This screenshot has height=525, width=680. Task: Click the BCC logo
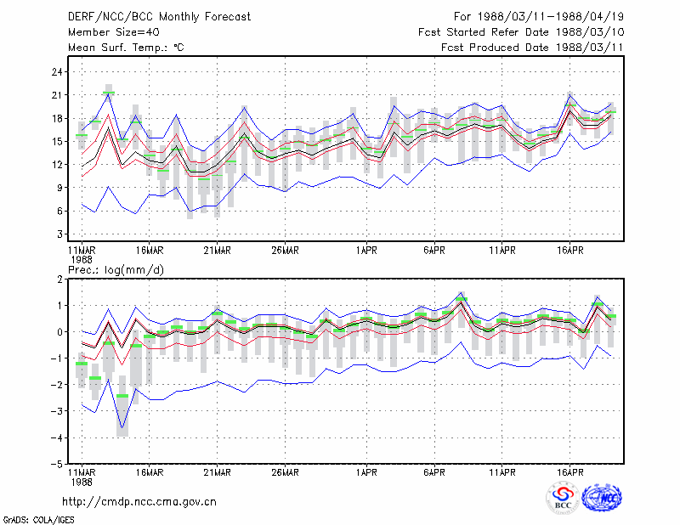click(x=563, y=498)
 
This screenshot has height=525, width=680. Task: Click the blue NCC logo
click(x=602, y=498)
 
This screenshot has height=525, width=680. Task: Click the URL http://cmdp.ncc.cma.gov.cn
click(x=139, y=502)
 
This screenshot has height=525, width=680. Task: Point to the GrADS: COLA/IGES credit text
click(x=38, y=520)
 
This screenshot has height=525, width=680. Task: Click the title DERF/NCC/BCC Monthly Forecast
click(x=159, y=17)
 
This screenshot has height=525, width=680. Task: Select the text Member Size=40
click(x=114, y=32)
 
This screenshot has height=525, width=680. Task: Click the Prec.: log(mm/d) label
click(x=116, y=270)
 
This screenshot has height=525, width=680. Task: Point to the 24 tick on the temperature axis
click(x=57, y=72)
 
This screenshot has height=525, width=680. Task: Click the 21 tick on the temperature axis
click(x=57, y=95)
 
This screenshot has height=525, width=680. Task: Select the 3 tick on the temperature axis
click(x=59, y=234)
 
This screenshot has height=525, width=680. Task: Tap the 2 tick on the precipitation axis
click(x=59, y=279)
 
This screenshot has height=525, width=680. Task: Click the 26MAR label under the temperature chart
click(x=285, y=251)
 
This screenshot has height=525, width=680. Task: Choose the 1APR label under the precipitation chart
click(x=366, y=472)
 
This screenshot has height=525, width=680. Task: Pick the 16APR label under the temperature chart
click(x=569, y=251)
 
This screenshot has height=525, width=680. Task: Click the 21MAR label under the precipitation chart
click(x=218, y=472)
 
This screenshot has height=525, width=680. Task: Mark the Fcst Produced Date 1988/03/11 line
click(x=533, y=48)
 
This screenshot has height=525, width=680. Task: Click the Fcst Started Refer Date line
click(x=521, y=32)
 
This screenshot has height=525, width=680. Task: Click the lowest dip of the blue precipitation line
click(x=122, y=428)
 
